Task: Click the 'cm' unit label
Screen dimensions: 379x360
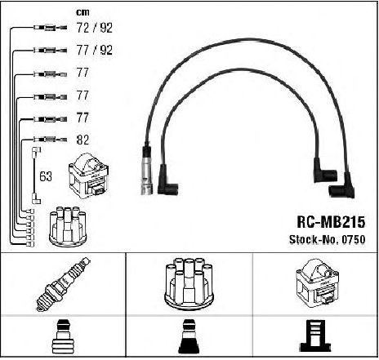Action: (x=82, y=12)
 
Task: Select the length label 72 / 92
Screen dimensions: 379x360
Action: (x=95, y=28)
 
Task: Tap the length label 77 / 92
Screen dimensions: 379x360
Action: (x=95, y=50)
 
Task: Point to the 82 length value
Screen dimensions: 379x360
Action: (x=82, y=140)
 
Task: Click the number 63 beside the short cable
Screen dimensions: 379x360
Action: (x=46, y=176)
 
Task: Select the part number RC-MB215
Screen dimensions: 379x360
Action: (x=331, y=222)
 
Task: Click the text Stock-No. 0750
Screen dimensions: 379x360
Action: (x=327, y=239)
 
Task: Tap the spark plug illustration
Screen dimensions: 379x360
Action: (x=63, y=284)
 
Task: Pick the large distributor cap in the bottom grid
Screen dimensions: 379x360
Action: (x=189, y=283)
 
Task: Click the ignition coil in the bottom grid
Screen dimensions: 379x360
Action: (x=317, y=283)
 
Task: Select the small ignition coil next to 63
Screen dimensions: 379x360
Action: (x=89, y=176)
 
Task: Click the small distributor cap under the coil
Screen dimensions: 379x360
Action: (x=68, y=227)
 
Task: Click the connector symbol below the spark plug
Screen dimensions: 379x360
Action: (x=63, y=336)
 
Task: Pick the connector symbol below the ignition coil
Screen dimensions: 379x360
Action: (x=315, y=336)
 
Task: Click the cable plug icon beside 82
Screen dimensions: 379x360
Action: (x=50, y=140)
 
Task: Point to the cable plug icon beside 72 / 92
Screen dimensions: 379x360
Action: (x=50, y=28)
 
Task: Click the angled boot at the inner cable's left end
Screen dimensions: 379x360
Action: (x=167, y=181)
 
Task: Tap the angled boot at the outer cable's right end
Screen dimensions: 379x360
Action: (x=342, y=186)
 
